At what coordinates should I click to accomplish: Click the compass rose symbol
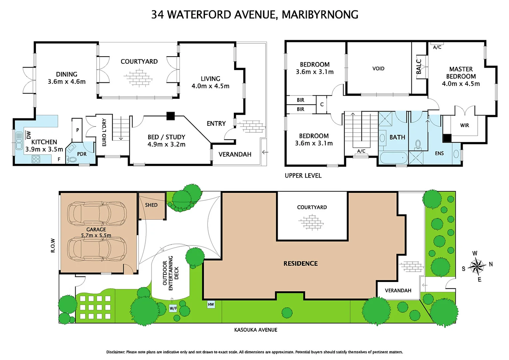click(477, 266)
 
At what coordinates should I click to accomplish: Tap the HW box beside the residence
click(211, 304)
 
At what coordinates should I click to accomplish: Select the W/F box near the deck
click(173, 308)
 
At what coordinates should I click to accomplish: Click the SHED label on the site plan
click(151, 205)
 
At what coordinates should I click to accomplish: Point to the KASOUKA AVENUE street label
click(255, 330)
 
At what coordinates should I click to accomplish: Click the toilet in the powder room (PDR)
click(72, 159)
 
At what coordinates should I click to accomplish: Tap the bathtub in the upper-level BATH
click(393, 158)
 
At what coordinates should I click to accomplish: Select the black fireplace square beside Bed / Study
click(171, 116)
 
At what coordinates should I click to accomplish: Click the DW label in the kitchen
click(28, 135)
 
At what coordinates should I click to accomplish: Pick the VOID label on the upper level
click(378, 69)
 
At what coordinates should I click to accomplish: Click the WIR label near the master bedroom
click(464, 125)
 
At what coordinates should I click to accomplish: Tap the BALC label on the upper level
click(419, 67)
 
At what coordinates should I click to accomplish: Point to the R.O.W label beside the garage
click(53, 245)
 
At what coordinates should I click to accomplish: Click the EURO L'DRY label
click(104, 132)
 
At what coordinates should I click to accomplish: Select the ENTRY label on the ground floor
click(216, 124)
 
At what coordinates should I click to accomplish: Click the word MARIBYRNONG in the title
click(320, 15)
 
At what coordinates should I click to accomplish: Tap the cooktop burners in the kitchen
click(36, 159)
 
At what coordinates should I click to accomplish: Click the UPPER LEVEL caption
click(303, 176)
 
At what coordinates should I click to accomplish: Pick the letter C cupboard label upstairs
click(322, 104)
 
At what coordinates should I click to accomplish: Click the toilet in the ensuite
click(418, 145)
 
